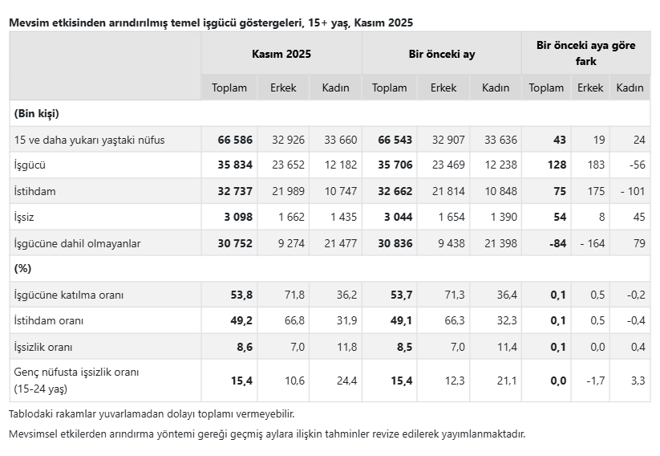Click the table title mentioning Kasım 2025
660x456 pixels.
211,22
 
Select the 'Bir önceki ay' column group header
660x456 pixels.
441,55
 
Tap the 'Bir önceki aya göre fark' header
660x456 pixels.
585,53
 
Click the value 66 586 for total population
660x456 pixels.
235,140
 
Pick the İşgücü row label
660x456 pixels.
30,165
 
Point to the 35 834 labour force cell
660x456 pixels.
235,165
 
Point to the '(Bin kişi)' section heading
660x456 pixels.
37,113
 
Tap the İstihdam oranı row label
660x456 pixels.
49,320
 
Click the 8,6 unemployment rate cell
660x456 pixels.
242,347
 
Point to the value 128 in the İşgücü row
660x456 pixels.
557,165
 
